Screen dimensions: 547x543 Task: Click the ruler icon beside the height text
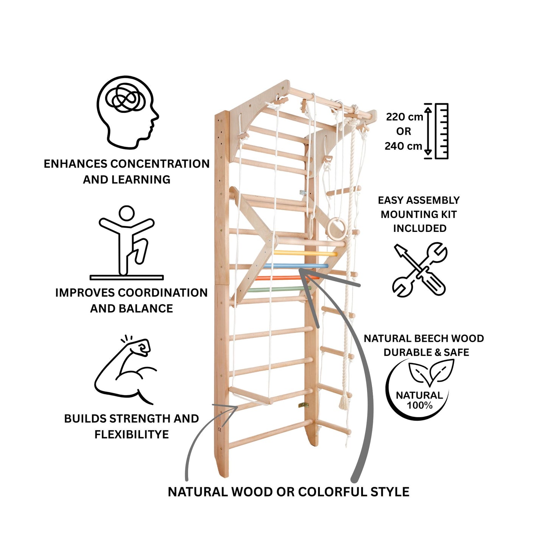click(441, 131)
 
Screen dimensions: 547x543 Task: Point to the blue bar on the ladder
click(295, 266)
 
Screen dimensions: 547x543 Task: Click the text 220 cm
click(404, 117)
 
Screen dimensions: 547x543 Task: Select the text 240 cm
click(404, 146)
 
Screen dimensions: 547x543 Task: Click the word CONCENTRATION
click(160, 164)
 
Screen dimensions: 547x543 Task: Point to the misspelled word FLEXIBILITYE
click(132, 435)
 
